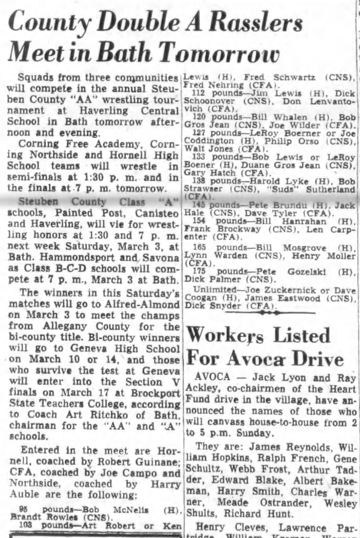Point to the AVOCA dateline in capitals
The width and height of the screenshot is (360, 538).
pos(212,378)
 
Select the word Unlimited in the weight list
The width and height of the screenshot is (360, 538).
pos(212,289)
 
